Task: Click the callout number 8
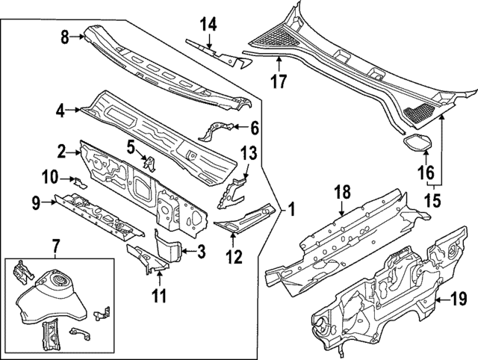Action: [65, 35]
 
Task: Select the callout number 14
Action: [208, 24]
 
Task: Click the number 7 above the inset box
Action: [55, 245]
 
